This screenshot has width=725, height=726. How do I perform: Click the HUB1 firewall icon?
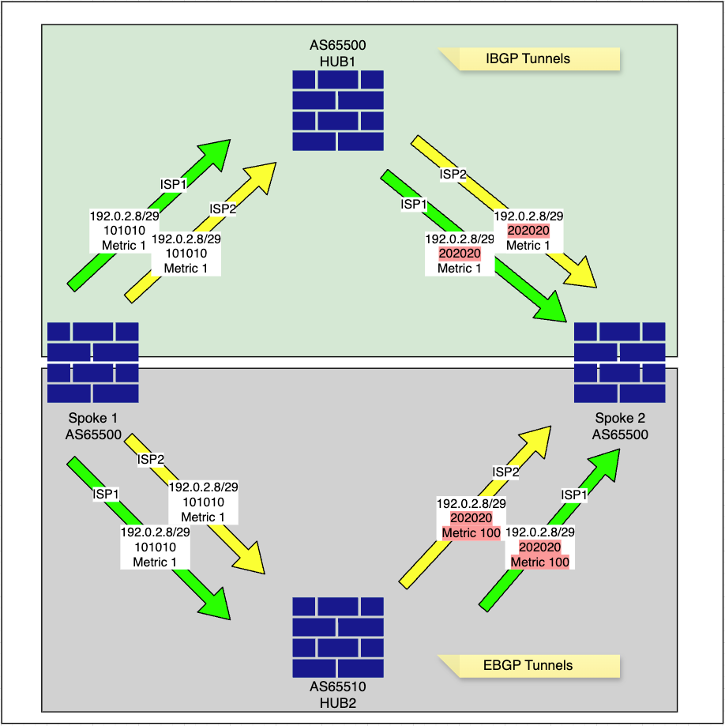coord(338,110)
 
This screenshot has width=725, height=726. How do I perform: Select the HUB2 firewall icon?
coord(338,637)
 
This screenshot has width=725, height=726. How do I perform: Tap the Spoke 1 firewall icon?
coord(92,362)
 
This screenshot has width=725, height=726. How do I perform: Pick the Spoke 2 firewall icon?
coord(619,362)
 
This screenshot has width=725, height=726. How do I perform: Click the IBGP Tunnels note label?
coord(528,58)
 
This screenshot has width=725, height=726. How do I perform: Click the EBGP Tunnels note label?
coord(528,665)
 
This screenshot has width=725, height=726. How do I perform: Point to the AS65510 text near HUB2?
coord(338,687)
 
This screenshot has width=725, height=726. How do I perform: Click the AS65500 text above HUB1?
coord(338,45)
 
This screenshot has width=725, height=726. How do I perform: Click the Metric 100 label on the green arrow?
coord(539,562)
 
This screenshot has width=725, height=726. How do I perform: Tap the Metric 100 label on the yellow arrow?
coord(471,533)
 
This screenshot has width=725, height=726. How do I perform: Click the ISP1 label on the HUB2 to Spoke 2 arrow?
coord(573,495)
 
